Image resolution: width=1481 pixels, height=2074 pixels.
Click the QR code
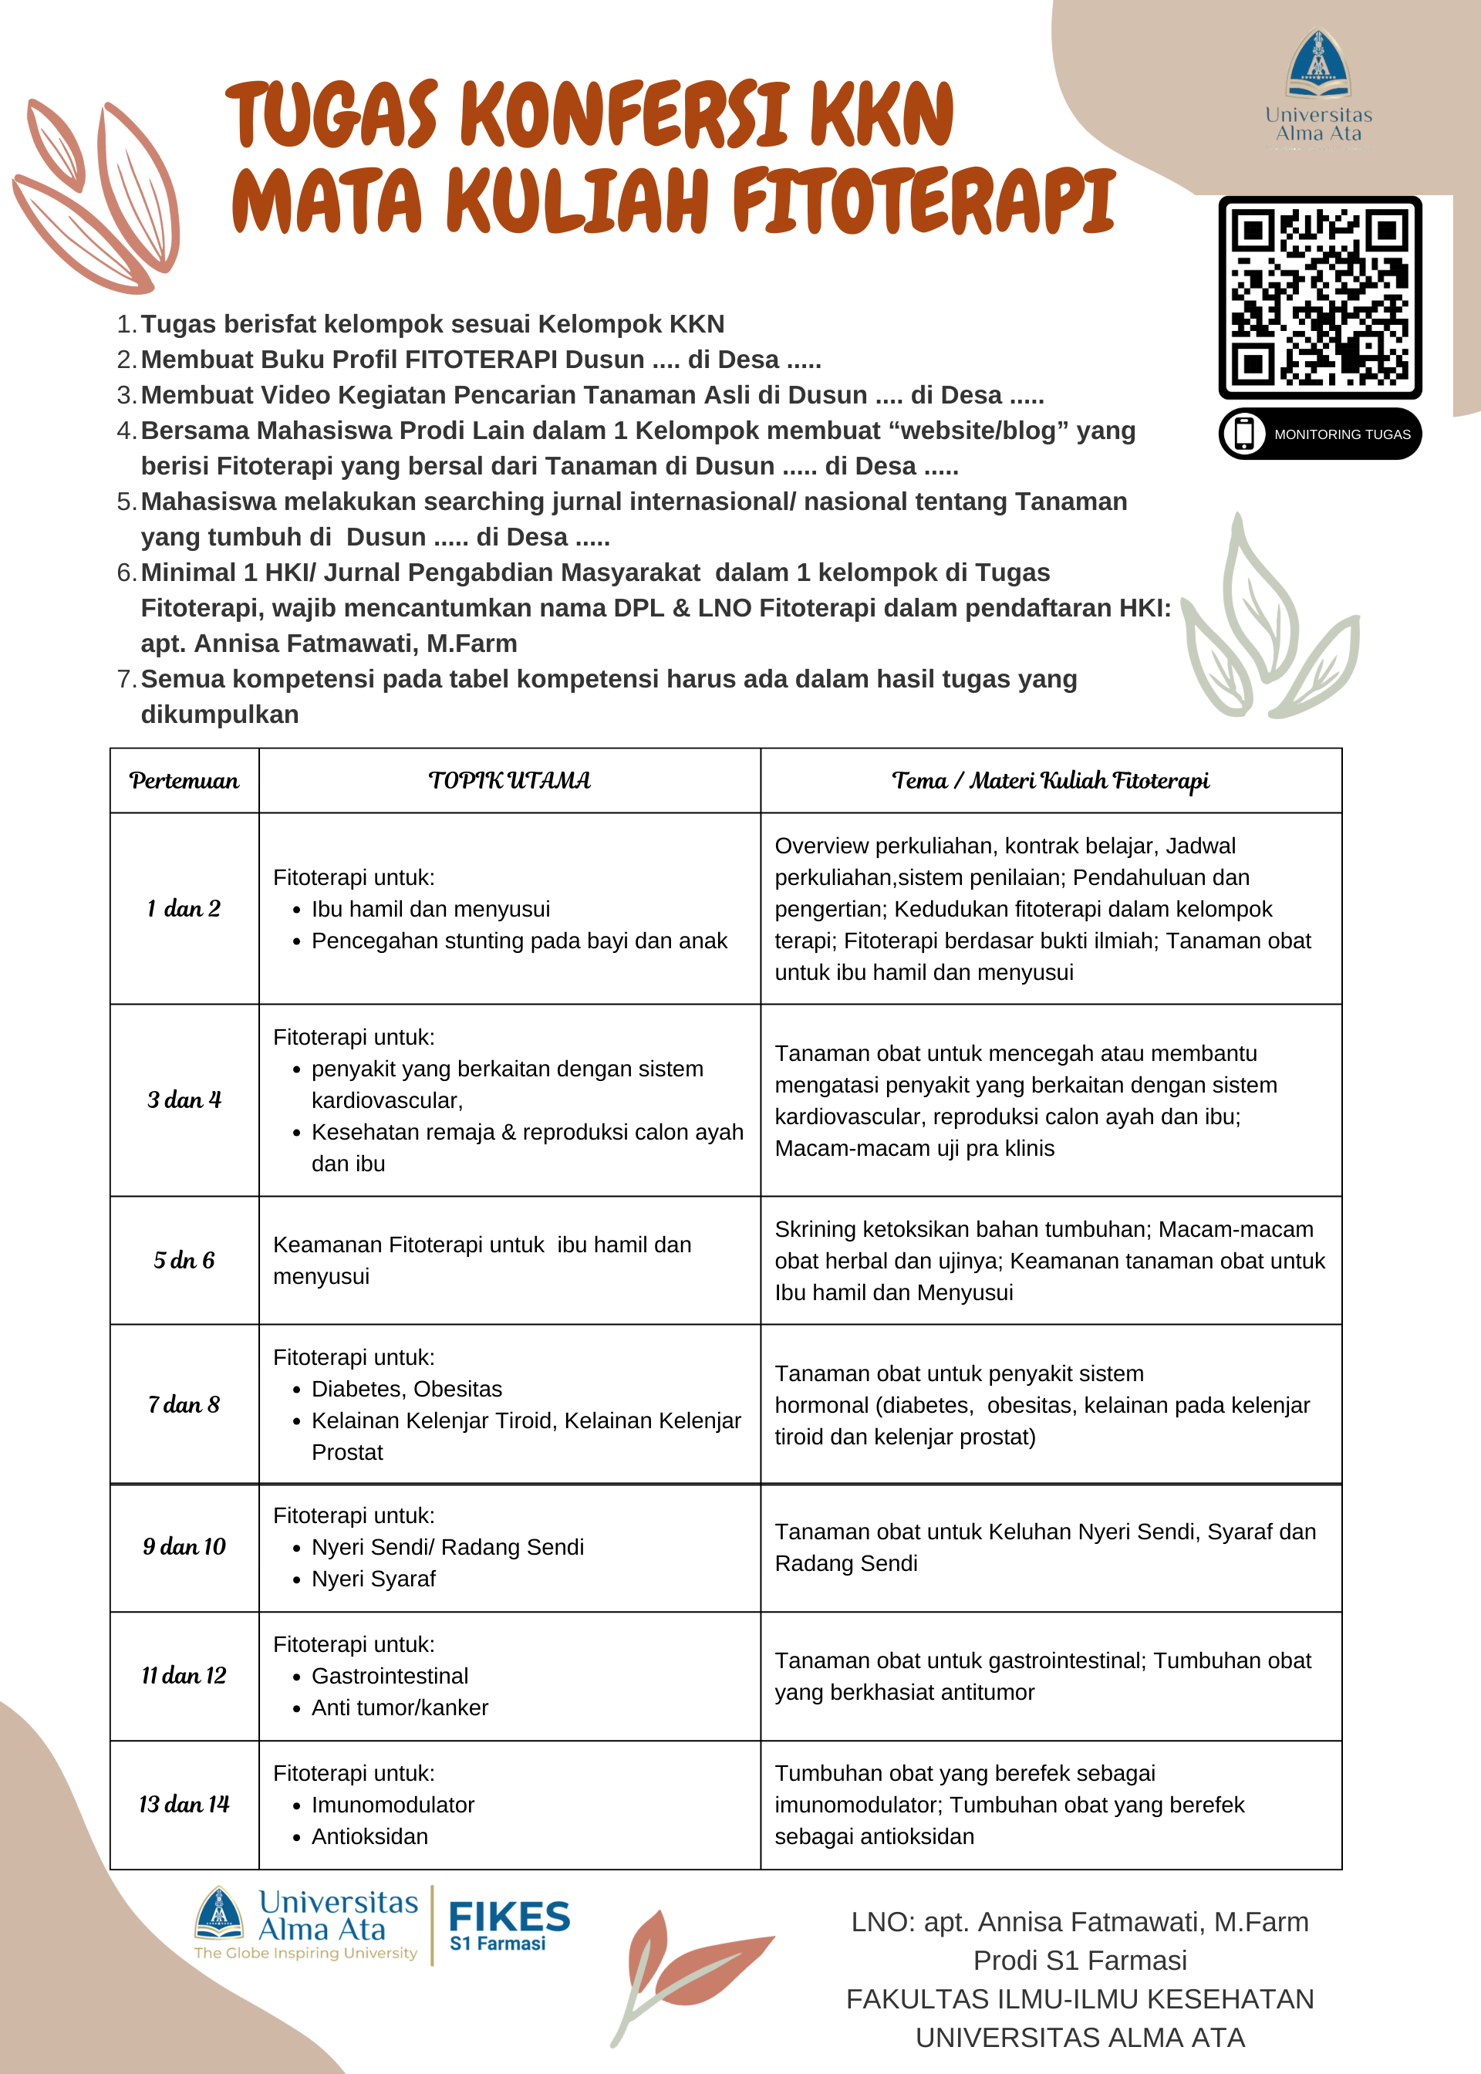point(1320,297)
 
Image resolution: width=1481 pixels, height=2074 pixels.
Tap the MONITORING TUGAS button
point(1320,434)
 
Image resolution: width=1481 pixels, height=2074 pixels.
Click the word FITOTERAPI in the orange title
point(923,201)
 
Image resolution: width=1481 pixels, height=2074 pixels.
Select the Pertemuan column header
point(184,781)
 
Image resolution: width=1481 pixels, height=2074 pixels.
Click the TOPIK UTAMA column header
point(510,781)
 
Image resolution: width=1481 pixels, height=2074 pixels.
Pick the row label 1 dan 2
point(184,908)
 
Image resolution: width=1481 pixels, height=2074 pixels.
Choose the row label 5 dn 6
point(184,1261)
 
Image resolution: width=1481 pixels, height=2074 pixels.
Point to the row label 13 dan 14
point(184,1804)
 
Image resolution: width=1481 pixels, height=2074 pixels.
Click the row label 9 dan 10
point(184,1547)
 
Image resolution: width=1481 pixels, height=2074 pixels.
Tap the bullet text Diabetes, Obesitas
point(407,1389)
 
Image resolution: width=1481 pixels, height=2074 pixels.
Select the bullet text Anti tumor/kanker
point(400,1708)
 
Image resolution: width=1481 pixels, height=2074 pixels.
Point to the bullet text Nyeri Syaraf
point(374,1579)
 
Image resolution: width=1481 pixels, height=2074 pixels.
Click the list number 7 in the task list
point(125,680)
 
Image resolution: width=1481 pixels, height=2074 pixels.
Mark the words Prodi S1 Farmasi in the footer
point(1080,1960)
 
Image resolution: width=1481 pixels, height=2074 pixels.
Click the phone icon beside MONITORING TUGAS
point(1244,434)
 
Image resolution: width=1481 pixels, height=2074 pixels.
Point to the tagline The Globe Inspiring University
point(305,1953)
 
